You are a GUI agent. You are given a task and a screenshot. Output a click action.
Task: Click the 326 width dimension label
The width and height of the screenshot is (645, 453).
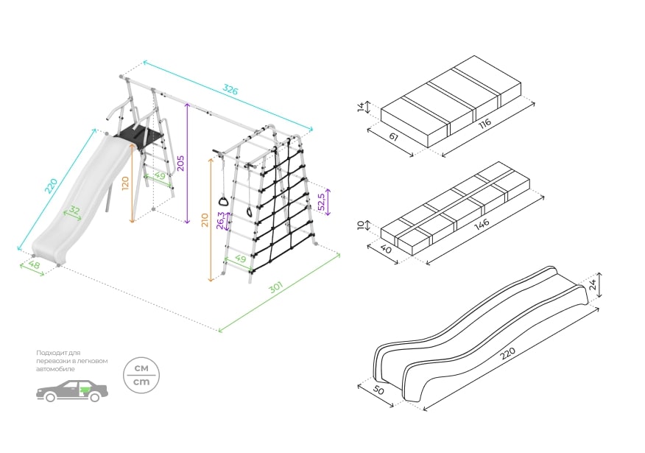click(x=230, y=90)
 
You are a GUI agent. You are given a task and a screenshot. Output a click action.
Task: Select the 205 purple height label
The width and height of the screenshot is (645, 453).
click(x=180, y=163)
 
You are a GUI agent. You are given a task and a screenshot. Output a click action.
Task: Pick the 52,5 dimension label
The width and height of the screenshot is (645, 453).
click(x=321, y=202)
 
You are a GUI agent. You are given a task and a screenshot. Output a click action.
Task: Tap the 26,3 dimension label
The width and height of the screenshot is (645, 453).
click(x=220, y=220)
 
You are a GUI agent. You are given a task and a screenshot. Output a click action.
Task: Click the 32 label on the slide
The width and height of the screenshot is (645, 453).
click(x=74, y=211)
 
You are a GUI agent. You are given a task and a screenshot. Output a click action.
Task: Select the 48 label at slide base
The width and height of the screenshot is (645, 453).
click(x=34, y=264)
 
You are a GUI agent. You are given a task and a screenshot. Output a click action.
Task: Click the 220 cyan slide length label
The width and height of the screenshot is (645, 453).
click(x=51, y=186)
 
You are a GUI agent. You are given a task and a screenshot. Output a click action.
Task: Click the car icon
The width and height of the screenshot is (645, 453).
click(x=72, y=390)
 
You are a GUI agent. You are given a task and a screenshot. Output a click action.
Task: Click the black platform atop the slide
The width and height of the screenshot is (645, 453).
click(x=140, y=136)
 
